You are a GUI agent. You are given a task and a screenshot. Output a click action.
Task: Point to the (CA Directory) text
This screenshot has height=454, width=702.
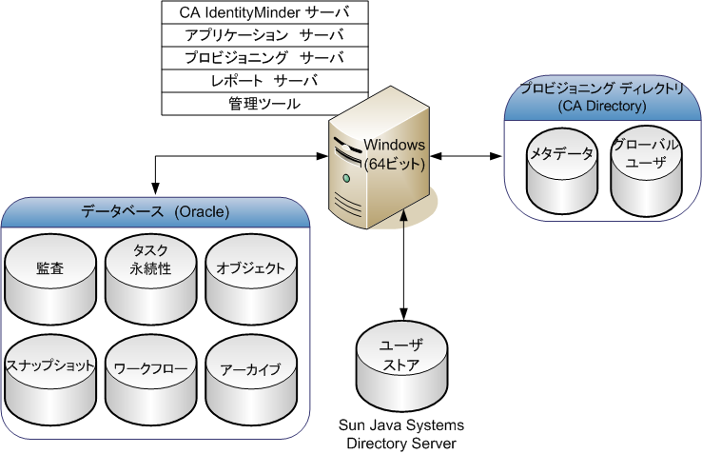tap(602, 106)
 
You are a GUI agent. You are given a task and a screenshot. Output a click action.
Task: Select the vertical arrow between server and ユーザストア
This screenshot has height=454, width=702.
tap(406, 266)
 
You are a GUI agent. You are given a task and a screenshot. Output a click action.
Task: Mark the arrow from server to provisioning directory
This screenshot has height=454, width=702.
tap(466, 155)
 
